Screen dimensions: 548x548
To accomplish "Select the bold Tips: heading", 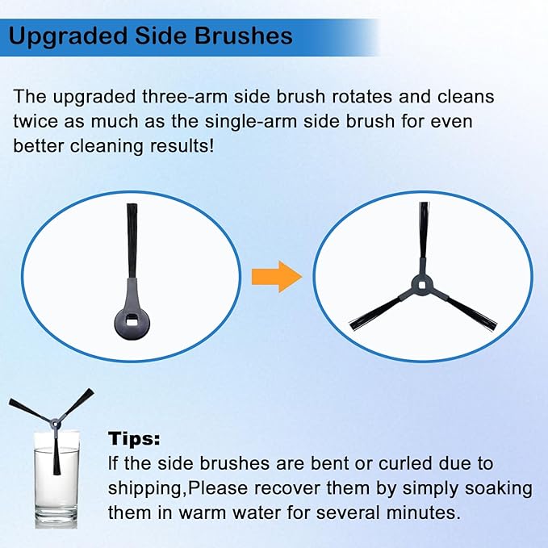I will click(134, 440).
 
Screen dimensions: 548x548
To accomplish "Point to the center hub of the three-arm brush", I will click(422, 282).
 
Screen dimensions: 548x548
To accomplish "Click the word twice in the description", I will click(35, 123).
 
